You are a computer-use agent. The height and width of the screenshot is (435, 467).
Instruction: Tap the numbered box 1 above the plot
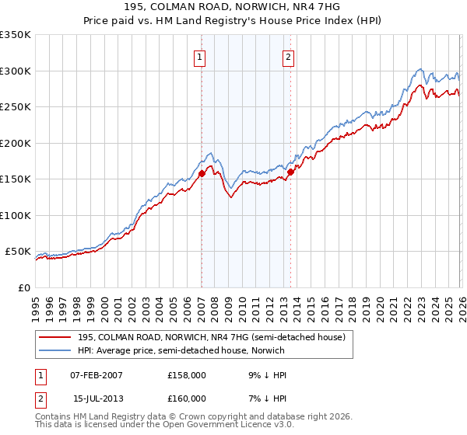(x=201, y=57)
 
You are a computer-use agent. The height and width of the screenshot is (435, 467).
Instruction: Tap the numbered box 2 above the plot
(x=289, y=57)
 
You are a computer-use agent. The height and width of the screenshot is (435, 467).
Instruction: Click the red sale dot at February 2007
(x=202, y=174)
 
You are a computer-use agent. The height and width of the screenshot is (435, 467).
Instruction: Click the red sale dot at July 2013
(x=290, y=172)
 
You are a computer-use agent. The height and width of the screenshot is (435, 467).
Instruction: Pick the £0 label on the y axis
(x=23, y=288)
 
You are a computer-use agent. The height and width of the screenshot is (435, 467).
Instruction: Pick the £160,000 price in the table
(x=187, y=398)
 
